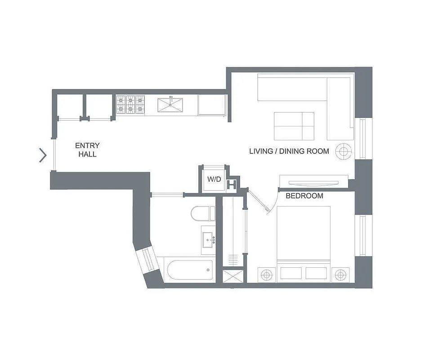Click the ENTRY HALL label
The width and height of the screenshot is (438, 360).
point(87,150)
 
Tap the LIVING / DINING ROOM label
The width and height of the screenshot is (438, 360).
point(289,151)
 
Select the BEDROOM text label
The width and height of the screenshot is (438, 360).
point(304,196)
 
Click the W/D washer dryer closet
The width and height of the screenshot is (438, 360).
point(214,179)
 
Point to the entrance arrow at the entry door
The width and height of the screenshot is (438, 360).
point(43,155)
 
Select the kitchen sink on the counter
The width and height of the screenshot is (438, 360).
point(171,104)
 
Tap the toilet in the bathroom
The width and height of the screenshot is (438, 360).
point(202,213)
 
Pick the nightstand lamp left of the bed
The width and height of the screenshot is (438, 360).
point(267,274)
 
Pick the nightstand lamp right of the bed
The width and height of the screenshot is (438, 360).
point(340,274)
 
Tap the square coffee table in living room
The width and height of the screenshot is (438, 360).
point(294,126)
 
